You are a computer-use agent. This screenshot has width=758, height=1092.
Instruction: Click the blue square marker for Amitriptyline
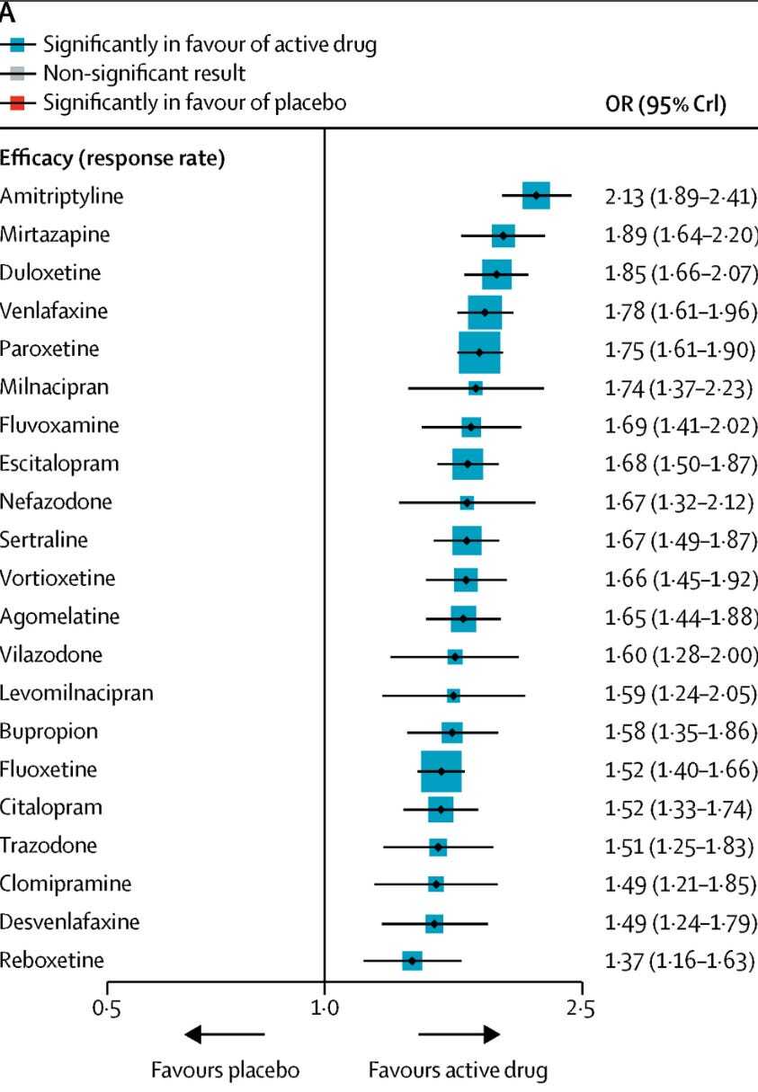click(536, 195)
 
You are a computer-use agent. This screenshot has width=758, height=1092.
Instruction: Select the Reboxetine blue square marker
click(412, 961)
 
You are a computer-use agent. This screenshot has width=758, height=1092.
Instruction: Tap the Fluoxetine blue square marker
click(441, 771)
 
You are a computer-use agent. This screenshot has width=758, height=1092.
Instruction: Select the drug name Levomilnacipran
click(77, 693)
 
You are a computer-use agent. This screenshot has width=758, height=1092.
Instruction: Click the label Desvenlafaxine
click(69, 922)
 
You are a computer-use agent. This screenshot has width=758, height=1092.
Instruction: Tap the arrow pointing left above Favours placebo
click(225, 1034)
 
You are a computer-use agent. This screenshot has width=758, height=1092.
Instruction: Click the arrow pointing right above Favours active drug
click(459, 1034)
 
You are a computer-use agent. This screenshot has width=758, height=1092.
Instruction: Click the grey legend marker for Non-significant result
click(15, 72)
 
